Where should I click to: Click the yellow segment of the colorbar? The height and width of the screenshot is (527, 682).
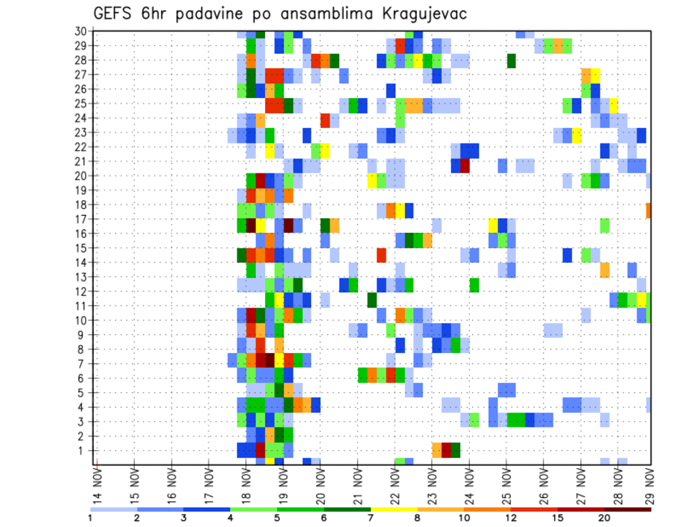(394, 509)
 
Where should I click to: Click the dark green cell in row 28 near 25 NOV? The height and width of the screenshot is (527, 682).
(511, 60)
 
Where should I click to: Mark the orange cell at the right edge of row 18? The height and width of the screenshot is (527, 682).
(649, 210)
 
